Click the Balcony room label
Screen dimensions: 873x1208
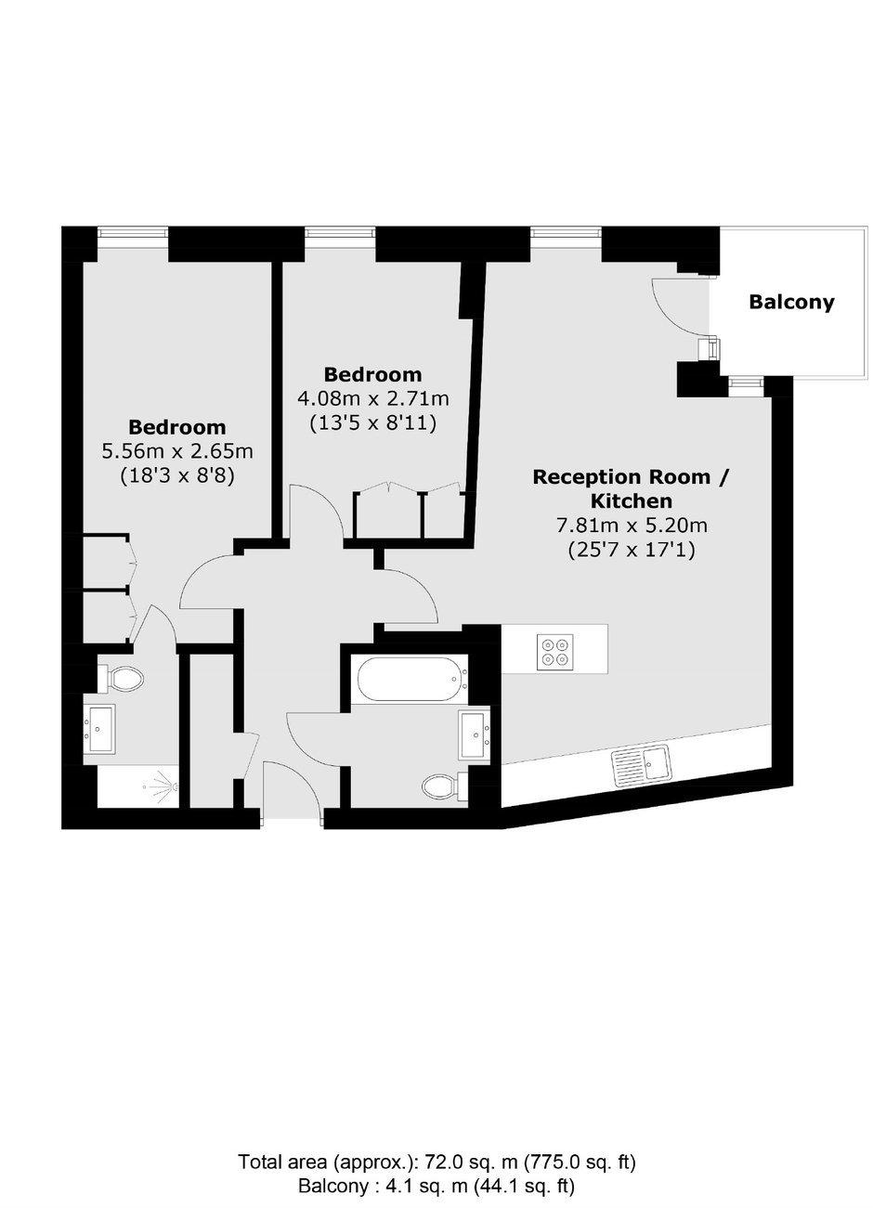tap(791, 302)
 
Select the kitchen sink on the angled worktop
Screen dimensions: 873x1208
tap(642, 766)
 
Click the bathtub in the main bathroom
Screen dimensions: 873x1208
tap(410, 679)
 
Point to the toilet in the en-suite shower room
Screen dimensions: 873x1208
tap(121, 678)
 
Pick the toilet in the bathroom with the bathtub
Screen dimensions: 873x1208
tap(446, 788)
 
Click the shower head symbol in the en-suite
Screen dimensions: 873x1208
tap(164, 786)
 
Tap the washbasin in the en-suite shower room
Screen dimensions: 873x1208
tap(99, 730)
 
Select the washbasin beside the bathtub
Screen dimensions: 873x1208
tap(474, 735)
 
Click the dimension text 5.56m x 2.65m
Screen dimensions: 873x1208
tap(177, 451)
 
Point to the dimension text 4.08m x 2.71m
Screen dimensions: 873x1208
tap(373, 398)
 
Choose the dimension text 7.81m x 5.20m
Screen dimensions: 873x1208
tap(632, 525)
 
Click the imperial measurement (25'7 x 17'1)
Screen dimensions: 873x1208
tap(632, 550)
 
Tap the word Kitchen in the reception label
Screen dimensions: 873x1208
tap(632, 501)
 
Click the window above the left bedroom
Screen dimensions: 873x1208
tap(133, 232)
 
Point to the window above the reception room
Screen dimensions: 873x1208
tap(566, 232)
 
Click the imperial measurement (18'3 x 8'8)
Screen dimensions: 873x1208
tap(177, 476)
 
